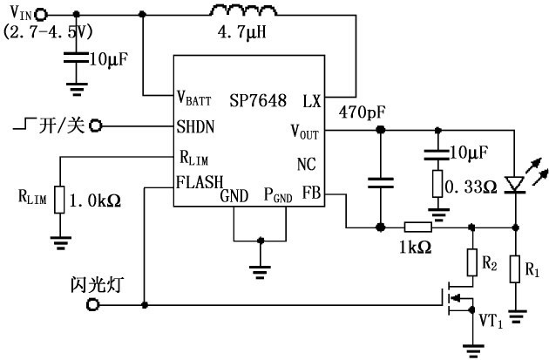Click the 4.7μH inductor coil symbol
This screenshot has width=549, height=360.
click(x=241, y=12)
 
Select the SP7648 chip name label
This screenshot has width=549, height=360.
click(x=259, y=100)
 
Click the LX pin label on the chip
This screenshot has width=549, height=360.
click(x=312, y=100)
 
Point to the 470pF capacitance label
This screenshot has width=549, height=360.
click(x=363, y=113)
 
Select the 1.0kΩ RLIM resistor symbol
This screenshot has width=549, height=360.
click(x=58, y=199)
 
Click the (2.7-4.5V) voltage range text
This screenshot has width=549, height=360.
click(x=49, y=31)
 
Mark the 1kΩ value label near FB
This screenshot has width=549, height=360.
click(x=414, y=248)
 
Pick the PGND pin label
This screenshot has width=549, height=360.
click(x=278, y=195)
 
